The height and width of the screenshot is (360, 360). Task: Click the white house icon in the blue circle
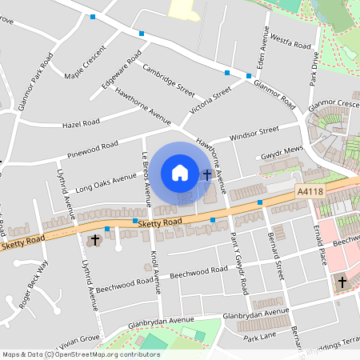pyautogui.click(x=179, y=172)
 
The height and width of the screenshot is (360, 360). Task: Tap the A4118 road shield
pyautogui.click(x=310, y=192)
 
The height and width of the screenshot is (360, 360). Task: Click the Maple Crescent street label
pyautogui.click(x=85, y=72)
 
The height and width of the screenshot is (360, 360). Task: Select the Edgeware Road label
pyautogui.click(x=122, y=69)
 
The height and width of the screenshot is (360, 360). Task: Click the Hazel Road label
pyautogui.click(x=81, y=123)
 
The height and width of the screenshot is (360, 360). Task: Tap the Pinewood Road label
pyautogui.click(x=93, y=146)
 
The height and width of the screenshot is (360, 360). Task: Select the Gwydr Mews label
pyautogui.click(x=278, y=154)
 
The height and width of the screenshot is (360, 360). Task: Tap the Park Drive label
pyautogui.click(x=315, y=69)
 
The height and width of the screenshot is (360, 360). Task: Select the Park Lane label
pyautogui.click(x=260, y=338)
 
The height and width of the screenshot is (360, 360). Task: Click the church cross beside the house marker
pyautogui.click(x=207, y=174)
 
